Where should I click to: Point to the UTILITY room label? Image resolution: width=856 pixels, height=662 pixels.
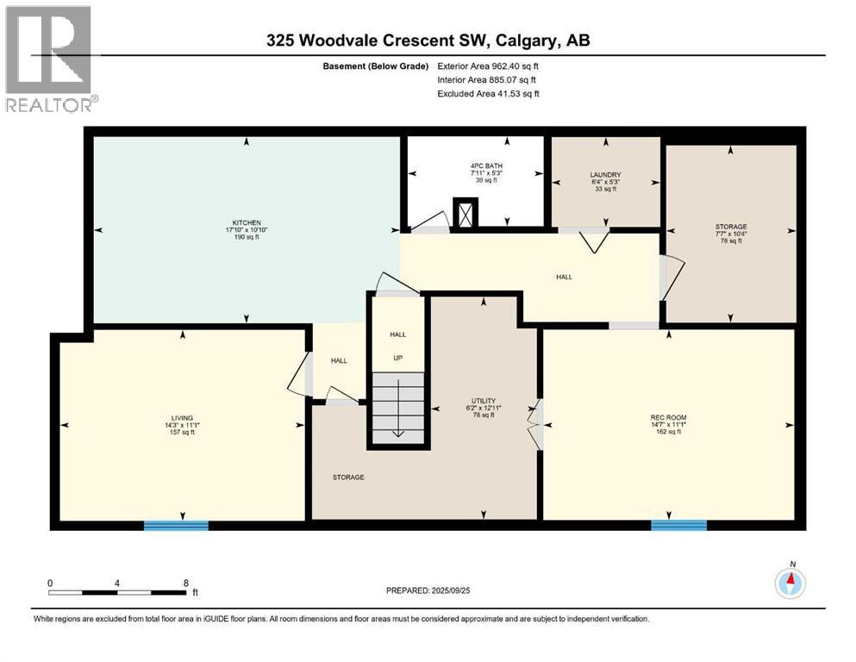point(483,400)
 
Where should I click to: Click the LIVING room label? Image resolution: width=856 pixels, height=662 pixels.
point(182,417)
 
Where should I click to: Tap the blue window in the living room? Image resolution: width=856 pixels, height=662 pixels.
point(176,524)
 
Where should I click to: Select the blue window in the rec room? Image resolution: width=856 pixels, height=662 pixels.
point(678,524)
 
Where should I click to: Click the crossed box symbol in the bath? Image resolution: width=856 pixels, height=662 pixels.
point(465,214)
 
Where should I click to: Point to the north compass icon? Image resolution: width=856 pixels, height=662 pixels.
point(790,584)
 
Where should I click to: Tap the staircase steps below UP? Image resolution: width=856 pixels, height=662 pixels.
point(397,405)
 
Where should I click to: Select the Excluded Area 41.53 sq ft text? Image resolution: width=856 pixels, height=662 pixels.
point(489,94)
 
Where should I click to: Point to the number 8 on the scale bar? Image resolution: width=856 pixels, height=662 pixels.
point(185,583)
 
